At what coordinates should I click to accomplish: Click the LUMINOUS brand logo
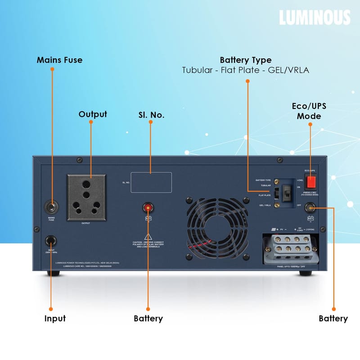coord(314,17)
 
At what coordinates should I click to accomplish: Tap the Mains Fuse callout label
coord(59,60)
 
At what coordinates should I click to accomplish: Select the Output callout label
coord(93,114)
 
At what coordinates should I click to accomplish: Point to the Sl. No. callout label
coord(151,115)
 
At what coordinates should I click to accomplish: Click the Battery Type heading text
coord(245,60)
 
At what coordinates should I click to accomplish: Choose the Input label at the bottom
coord(55,319)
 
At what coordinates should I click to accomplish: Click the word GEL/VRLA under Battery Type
coord(289,71)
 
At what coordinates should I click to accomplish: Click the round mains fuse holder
coord(51,207)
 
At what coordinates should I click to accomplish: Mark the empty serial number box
coord(151,182)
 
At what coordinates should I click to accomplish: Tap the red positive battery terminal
coord(147,207)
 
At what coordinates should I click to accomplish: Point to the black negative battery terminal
coord(310,208)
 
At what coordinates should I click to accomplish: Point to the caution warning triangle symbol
coord(147,237)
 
